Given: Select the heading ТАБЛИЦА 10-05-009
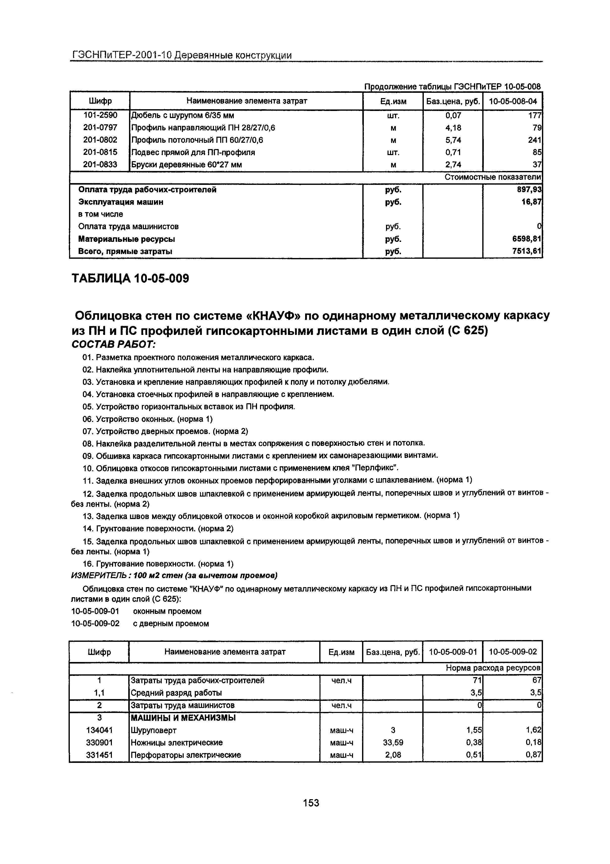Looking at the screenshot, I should (130, 279).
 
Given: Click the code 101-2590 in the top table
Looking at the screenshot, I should (100, 115).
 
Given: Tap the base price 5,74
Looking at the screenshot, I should (453, 140).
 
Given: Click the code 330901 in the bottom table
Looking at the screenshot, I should (99, 742).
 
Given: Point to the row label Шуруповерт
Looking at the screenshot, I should (153, 730).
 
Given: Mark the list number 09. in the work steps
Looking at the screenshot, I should (88, 456).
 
